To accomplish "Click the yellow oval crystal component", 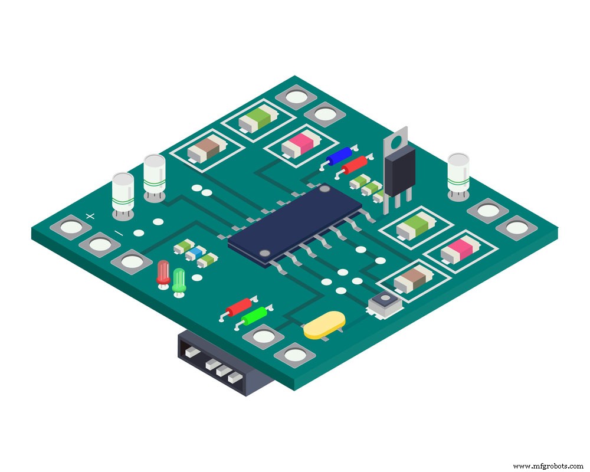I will pyautogui.click(x=324, y=326).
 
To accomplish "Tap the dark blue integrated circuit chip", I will pyautogui.click(x=295, y=221).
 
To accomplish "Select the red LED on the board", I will pyautogui.click(x=163, y=274).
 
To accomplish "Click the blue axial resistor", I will pyautogui.click(x=340, y=156).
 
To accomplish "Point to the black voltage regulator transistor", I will pyautogui.click(x=399, y=171).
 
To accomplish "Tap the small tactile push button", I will pyautogui.click(x=385, y=303).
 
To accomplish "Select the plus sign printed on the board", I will pyautogui.click(x=90, y=217).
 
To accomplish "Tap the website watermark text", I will pyautogui.click(x=547, y=466).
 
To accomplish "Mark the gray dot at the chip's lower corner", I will pyautogui.click(x=265, y=254).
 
